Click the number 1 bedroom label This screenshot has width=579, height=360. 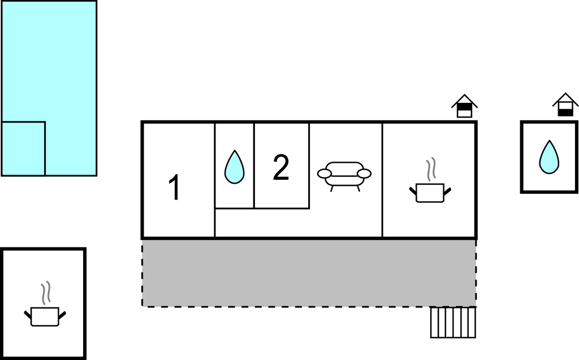pyautogui.click(x=174, y=187)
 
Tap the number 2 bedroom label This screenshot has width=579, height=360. pyautogui.click(x=281, y=167)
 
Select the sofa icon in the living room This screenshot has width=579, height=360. pyautogui.click(x=344, y=176)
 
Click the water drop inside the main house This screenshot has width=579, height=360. pyautogui.click(x=235, y=167)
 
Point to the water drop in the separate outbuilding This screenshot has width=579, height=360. pyautogui.click(x=549, y=157)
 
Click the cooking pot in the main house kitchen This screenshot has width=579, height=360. pyautogui.click(x=430, y=193)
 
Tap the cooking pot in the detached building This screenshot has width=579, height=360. pyautogui.click(x=45, y=317)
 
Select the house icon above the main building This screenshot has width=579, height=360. pyautogui.click(x=465, y=106)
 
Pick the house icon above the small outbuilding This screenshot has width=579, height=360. pyautogui.click(x=565, y=105)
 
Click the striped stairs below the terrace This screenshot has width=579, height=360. pyautogui.click(x=453, y=322)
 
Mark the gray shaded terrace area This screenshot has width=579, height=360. pyautogui.click(x=309, y=273)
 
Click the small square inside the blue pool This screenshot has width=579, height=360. pyautogui.click(x=23, y=149)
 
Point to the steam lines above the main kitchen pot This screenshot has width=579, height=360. pyautogui.click(x=431, y=169)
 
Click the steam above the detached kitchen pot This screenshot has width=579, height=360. pyautogui.click(x=46, y=293)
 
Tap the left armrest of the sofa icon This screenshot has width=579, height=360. pyautogui.click(x=325, y=174)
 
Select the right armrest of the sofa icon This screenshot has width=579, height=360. pyautogui.click(x=364, y=174)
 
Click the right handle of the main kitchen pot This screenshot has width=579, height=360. pyautogui.click(x=447, y=192)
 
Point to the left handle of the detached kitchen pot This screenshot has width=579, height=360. pyautogui.click(x=28, y=315)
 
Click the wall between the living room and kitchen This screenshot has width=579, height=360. pyautogui.click(x=382, y=180)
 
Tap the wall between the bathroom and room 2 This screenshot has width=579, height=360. pyautogui.click(x=254, y=166)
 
